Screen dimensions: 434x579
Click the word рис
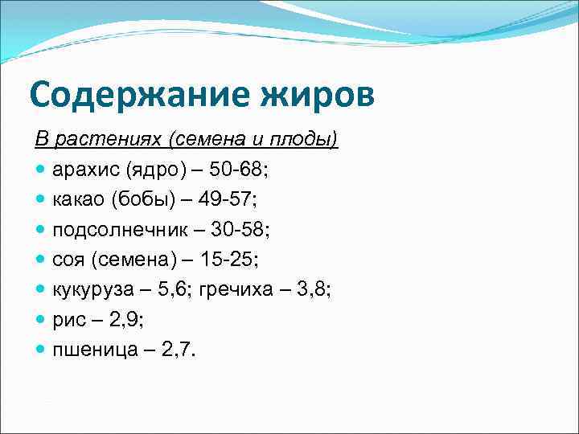[x=68, y=319]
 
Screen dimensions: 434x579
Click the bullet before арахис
[x=41, y=170]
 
